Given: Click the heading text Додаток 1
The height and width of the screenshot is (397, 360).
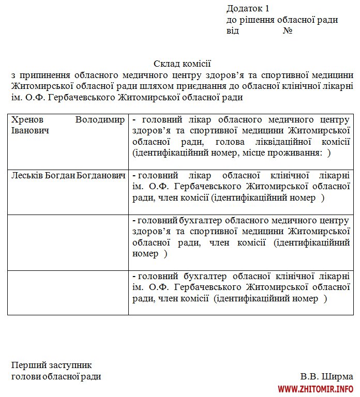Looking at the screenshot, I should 248,8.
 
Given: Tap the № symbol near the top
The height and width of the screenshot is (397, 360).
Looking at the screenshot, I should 288,31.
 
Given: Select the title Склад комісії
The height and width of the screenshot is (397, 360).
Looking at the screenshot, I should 182,64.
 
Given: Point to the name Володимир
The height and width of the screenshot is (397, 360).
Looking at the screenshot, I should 100,120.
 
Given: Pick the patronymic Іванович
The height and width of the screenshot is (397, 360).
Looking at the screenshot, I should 30,130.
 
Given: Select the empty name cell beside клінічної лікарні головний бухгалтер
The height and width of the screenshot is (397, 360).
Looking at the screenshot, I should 68,292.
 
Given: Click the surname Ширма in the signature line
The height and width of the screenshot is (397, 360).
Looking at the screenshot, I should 339,376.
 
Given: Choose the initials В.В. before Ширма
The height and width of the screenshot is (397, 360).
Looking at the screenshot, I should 309,376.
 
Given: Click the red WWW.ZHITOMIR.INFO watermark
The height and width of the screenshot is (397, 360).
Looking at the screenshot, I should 316,389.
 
